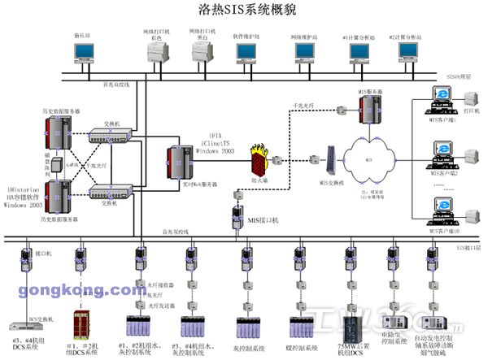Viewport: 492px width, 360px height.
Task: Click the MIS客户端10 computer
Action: point(441,209)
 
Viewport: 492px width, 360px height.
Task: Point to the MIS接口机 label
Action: point(263,220)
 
